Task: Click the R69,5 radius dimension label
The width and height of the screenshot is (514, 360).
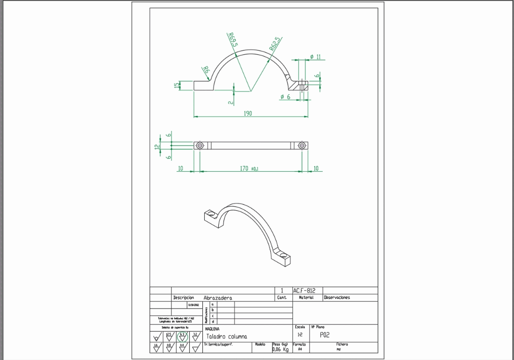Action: pos(233,39)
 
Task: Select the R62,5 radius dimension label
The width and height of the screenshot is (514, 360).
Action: pos(275,44)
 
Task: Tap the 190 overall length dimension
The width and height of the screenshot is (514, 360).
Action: pos(248,114)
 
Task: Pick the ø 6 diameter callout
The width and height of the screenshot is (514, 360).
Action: pos(285,97)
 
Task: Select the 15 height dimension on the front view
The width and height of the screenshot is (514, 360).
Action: pos(177,85)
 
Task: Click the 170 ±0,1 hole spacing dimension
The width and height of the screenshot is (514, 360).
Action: pos(249,168)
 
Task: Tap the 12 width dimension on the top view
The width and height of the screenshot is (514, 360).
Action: pos(157,146)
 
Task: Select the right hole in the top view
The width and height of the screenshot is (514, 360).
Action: pos(302,146)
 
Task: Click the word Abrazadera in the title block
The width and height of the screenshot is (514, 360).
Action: pos(218,298)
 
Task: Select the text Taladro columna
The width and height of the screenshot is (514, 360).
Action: pos(226,336)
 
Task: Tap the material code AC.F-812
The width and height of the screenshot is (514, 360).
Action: pos(304,291)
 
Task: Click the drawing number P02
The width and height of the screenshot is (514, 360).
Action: pos(325,335)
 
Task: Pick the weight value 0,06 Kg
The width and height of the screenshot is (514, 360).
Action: pos(280,349)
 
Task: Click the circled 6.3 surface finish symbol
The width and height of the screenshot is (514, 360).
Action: pos(183,336)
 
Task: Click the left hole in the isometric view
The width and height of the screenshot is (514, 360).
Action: pos(210,212)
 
